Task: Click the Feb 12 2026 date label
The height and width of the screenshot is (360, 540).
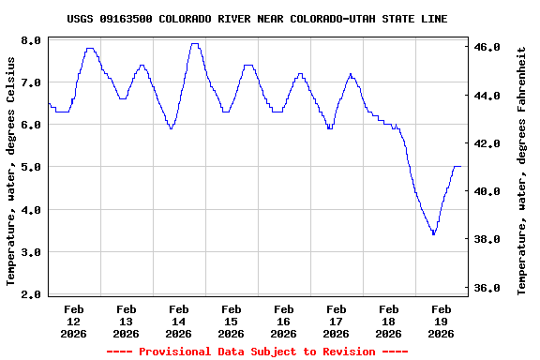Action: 73,321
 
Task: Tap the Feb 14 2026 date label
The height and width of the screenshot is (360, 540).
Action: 178,321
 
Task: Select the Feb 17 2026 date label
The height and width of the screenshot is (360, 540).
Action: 336,321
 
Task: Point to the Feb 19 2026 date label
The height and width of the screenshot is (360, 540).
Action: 441,321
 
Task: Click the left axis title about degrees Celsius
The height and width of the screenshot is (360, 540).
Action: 11,170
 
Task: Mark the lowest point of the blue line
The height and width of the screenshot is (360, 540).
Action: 433,233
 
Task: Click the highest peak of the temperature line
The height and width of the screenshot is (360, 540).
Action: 194,43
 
